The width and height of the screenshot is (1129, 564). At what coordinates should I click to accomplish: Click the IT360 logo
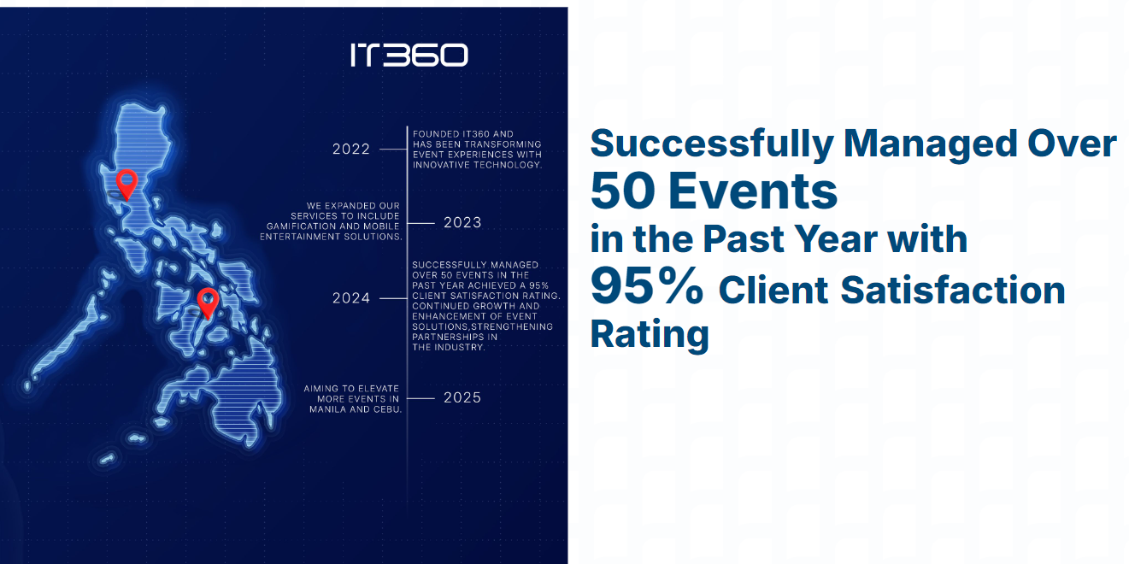click(409, 55)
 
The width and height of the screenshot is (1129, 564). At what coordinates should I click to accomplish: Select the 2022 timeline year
click(351, 150)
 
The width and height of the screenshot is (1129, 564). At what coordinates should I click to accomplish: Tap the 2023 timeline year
click(462, 223)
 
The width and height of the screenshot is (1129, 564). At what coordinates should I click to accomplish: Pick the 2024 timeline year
click(351, 298)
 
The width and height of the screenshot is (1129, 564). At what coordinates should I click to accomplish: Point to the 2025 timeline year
click(462, 397)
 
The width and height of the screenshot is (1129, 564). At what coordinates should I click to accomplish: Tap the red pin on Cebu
click(208, 303)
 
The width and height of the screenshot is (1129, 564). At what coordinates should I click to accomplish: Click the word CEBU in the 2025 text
click(388, 409)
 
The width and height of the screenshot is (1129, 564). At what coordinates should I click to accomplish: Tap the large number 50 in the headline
click(623, 191)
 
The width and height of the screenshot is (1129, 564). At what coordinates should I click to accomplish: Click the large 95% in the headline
click(647, 285)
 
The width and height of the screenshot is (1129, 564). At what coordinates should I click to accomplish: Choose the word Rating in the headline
click(650, 334)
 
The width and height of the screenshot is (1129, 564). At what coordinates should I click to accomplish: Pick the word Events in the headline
click(753, 191)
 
